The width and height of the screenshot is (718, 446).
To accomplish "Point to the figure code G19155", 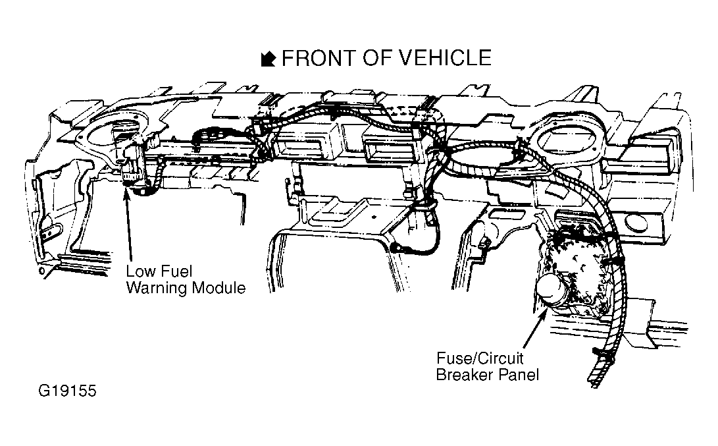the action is point(67,391).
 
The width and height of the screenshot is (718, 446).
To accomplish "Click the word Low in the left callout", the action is point(141,271).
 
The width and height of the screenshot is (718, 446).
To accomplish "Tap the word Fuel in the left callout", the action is point(176,271).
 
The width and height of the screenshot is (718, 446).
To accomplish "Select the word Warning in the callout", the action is point(157,288).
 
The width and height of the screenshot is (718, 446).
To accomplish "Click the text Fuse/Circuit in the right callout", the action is point(479,358).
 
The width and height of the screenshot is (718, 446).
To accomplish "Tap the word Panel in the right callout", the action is point(519,374).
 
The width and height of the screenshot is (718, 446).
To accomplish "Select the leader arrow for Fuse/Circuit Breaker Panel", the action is point(535,327).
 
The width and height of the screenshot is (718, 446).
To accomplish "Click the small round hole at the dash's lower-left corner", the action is point(43,272).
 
